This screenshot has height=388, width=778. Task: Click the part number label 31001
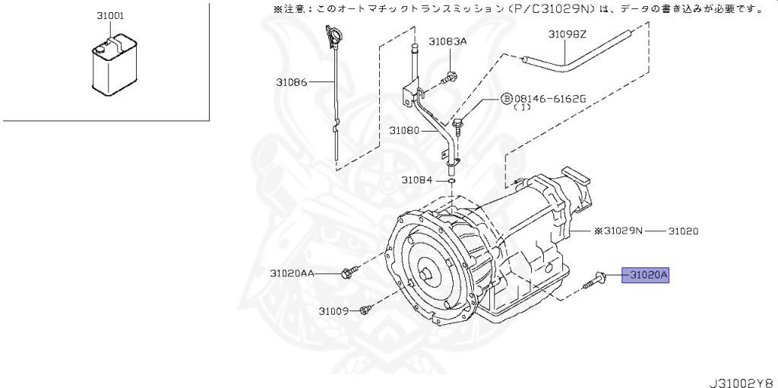click(111, 15)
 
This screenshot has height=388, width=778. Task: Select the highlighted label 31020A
click(645, 275)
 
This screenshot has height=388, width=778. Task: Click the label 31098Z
click(568, 35)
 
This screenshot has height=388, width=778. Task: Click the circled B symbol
click(505, 100)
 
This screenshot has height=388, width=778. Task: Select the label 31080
click(404, 130)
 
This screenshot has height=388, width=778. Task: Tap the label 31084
click(417, 180)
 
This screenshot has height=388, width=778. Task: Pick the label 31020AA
click(293, 272)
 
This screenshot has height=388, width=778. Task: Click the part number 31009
click(333, 310)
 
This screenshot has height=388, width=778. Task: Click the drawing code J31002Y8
click(741, 379)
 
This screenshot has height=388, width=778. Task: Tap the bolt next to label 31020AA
click(350, 271)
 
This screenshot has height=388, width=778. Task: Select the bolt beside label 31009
click(365, 309)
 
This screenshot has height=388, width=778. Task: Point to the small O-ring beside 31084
click(451, 181)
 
